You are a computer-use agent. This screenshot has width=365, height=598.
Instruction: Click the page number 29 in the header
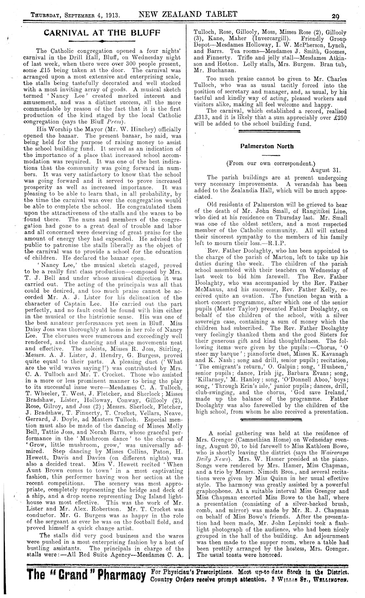pos(335,15)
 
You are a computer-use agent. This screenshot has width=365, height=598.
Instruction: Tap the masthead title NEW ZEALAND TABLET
pos(188,14)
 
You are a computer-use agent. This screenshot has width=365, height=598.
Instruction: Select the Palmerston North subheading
pos(267,146)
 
